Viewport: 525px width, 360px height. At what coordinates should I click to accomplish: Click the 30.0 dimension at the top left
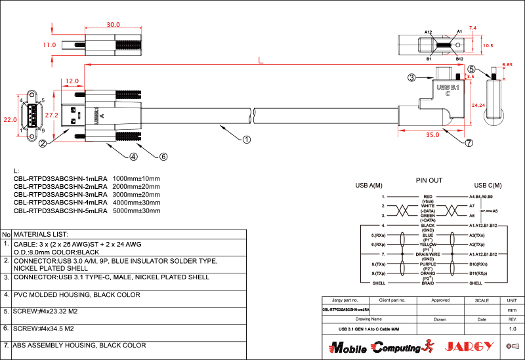pos(114,25)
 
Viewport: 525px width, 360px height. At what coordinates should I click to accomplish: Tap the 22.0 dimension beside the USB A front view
pos(9,120)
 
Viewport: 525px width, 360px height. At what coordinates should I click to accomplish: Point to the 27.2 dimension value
pos(60,115)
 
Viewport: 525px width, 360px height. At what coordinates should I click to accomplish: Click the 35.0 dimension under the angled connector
pos(432,135)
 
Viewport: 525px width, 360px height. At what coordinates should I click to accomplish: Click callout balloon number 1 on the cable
pos(246,139)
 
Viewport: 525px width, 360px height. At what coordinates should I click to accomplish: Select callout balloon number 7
pos(469,143)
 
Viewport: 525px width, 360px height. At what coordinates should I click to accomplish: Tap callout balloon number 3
pos(411,77)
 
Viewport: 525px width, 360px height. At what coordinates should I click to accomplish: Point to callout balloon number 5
pos(471,68)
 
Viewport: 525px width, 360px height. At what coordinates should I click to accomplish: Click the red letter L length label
pos(261,60)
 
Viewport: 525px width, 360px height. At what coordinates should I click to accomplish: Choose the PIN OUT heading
pos(429,180)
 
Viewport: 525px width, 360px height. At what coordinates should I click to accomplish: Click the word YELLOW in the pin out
pos(428,244)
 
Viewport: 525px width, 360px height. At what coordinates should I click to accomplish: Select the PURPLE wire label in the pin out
pos(428,263)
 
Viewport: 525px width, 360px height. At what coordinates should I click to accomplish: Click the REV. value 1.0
pos(512,328)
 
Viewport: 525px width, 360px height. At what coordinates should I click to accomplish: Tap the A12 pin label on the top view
pos(428,32)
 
